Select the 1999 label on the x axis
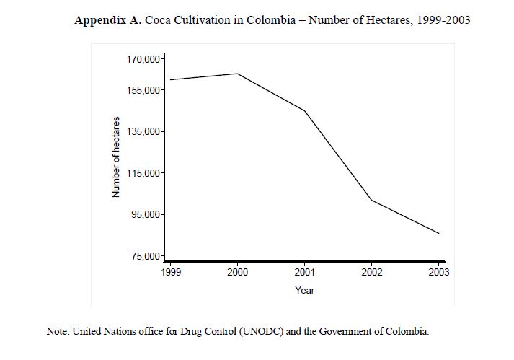coord(172,272)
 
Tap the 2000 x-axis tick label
coord(238,272)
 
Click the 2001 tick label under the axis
coord(304,272)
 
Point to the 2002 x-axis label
coord(371,272)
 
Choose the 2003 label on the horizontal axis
coord(438,272)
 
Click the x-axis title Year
coord(305,290)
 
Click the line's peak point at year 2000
coord(238,74)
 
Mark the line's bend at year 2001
coord(304,110)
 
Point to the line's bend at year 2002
coord(371,200)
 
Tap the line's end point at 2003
coord(438,233)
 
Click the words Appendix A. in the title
coord(108,20)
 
